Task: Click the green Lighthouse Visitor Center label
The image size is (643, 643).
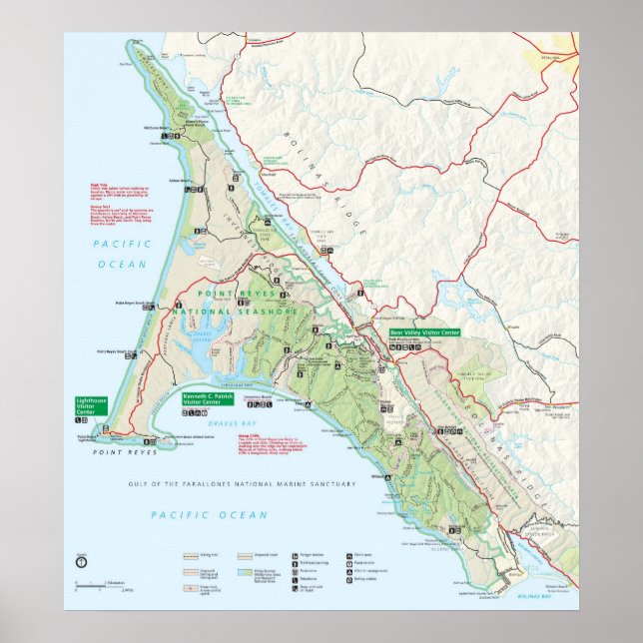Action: [90, 404]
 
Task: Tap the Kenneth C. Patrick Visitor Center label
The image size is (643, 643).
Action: [206, 398]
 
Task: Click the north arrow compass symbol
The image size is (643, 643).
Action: [81, 563]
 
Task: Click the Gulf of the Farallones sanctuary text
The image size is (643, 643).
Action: [242, 483]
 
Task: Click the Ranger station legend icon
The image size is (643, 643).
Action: [296, 554]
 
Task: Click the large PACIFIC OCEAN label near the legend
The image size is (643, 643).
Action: [209, 514]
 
